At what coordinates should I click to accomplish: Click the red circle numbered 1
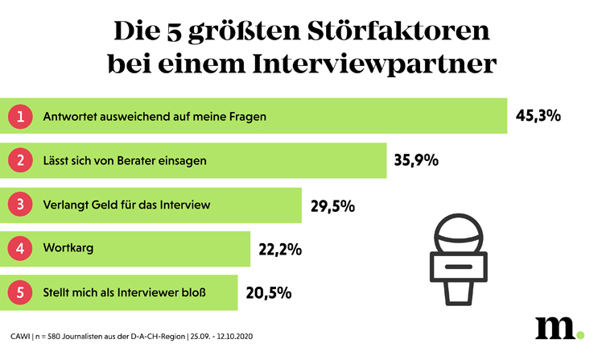tap(21, 116)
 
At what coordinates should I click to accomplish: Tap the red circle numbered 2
tap(21, 160)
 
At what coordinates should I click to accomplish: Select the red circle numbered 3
tap(21, 205)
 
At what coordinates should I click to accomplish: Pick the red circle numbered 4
tap(21, 249)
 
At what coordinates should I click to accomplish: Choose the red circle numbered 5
tap(21, 292)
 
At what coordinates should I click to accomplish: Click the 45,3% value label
tap(538, 116)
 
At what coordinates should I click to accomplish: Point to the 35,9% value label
tap(416, 160)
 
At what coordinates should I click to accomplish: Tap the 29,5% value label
tap(332, 205)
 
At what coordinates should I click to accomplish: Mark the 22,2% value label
tap(278, 250)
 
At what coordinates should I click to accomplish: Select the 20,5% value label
tap(268, 294)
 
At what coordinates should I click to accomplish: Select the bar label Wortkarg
tap(68, 249)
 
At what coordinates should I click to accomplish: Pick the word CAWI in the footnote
tap(21, 336)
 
